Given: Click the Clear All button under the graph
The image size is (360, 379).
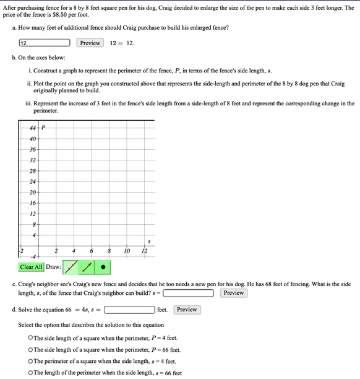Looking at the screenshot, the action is [x=31, y=268].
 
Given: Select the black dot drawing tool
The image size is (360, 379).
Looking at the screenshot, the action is [x=103, y=268].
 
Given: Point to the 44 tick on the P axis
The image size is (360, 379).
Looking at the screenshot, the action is [x=33, y=128].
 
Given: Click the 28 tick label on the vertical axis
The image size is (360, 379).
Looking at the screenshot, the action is [x=33, y=171].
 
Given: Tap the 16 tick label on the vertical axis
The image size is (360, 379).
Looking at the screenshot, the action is [x=33, y=203].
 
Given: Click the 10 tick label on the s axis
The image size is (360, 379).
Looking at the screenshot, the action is [x=127, y=251].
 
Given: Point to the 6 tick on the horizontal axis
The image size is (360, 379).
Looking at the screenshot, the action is [x=92, y=251].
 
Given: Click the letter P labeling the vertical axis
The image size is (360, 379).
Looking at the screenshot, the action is [x=43, y=128].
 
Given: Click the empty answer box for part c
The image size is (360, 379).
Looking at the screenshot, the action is [x=189, y=293].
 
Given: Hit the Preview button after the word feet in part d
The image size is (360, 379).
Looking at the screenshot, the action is [x=187, y=310].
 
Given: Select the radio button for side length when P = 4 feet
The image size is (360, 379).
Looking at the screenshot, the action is [x=30, y=338].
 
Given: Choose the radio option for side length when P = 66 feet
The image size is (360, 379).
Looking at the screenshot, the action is [x=30, y=350].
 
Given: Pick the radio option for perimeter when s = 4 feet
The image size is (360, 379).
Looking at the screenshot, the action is [x=30, y=362].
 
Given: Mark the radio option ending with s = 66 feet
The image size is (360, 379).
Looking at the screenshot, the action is [x=30, y=373].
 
